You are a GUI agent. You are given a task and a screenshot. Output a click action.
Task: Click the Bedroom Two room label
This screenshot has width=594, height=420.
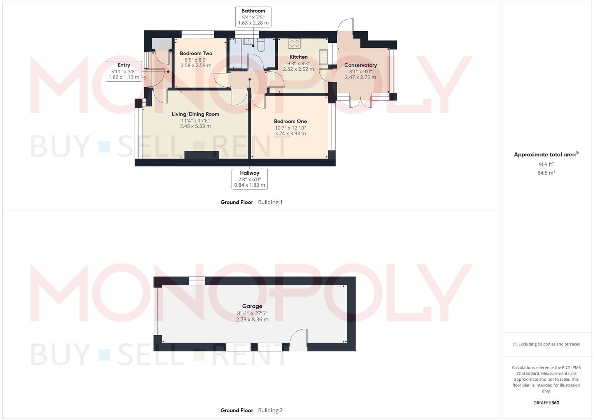coord(196,54)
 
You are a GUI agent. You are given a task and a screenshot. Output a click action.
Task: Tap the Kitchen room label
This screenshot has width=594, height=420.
coord(298,57)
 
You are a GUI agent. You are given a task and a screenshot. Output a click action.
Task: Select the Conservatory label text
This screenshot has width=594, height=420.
coord(360,65)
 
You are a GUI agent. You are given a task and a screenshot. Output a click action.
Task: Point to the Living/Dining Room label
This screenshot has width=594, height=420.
coord(195,114)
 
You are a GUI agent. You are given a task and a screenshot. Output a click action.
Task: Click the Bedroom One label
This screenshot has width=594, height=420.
coord(290,121)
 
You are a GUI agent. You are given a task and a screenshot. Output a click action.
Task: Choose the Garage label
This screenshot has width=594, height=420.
coord(252,306)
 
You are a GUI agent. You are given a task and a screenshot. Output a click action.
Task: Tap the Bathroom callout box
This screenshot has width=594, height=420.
coord(253,17)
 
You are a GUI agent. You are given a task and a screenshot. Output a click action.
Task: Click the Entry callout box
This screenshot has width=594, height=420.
coord(124,71)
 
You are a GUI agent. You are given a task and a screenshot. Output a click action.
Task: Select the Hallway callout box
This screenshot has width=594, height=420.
coord(249,179)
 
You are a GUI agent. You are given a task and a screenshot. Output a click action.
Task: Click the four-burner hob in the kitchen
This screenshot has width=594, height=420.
coord(294,43)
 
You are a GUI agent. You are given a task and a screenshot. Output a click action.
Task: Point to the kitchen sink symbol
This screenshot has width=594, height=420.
coord(324,57)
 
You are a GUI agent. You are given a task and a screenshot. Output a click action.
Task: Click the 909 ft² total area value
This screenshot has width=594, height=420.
coord(546,164)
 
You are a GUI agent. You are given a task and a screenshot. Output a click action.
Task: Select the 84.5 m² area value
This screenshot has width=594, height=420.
coord(546,173)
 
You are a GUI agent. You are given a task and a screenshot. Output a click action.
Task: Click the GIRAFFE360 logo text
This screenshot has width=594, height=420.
coord(546,403)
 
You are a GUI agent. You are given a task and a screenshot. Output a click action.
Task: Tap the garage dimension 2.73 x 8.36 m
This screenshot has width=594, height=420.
coord(252,320)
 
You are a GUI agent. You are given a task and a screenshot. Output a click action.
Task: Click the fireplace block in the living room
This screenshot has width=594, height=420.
coord(202,155)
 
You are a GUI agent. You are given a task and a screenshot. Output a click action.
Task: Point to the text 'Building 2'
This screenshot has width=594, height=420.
coord(270,410)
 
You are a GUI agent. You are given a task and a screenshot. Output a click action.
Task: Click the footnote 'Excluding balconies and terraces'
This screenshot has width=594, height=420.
coord(546,344)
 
